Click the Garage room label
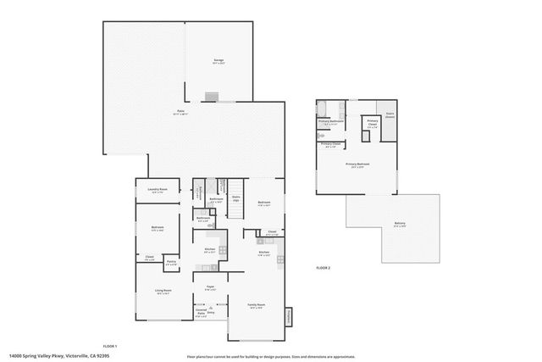coord(218,61)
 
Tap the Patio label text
coord(181,112)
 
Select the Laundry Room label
coord(158,190)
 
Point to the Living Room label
coord(163,292)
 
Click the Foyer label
coord(210,288)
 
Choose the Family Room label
coord(257,305)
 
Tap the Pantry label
coord(171,263)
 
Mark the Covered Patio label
coord(202,313)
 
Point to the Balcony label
coord(399,224)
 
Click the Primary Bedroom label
coord(357,164)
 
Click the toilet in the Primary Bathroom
coord(321,135)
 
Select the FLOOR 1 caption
coord(110,347)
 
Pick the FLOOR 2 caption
coord(323,268)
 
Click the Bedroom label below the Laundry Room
coord(158,228)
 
